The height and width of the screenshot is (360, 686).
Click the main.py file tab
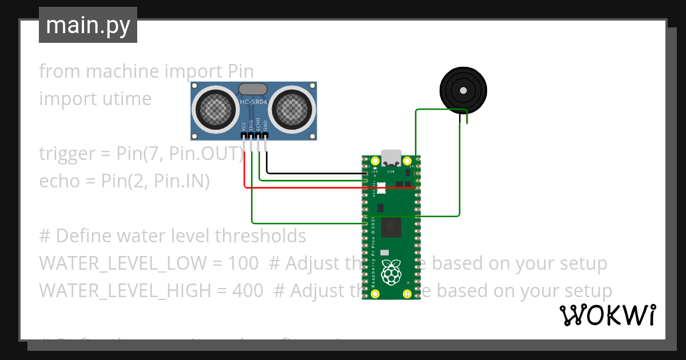pyautogui.click(x=88, y=26)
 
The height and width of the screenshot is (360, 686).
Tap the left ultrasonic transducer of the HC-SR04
pyautogui.click(x=214, y=108)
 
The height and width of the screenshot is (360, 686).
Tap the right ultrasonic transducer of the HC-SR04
pyautogui.click(x=292, y=108)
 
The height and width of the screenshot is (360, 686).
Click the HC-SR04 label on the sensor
pyautogui.click(x=253, y=102)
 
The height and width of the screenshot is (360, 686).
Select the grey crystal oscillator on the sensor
pyautogui.click(x=253, y=89)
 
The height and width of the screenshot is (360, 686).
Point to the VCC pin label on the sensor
pyautogui.click(x=244, y=126)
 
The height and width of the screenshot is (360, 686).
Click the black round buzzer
pyautogui.click(x=463, y=90)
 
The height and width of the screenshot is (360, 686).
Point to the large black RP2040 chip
pyautogui.click(x=392, y=226)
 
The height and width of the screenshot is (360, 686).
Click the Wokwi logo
pyautogui.click(x=607, y=315)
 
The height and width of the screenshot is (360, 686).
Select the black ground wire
pyautogui.click(x=314, y=173)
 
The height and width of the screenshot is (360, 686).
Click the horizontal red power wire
pyautogui.click(x=303, y=187)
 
